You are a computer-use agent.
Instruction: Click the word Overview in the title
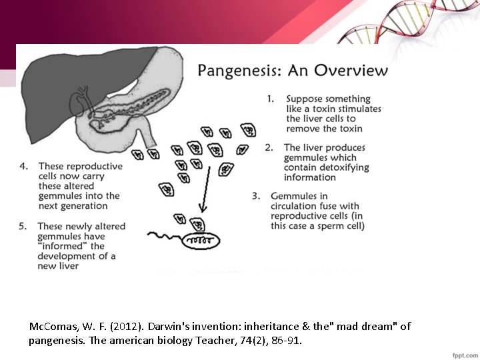351,70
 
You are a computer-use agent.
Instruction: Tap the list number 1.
270,99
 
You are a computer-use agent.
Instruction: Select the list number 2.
268,147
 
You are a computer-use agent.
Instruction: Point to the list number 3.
255,196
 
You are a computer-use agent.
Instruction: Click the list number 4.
23,166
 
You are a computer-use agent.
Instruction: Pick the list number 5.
23,226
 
